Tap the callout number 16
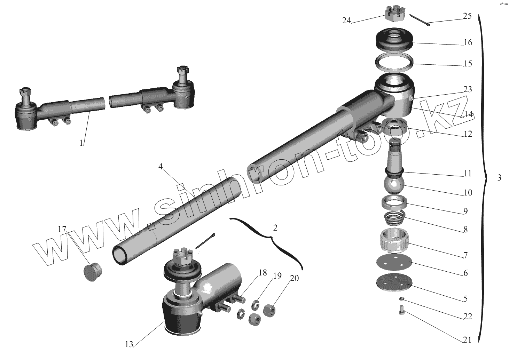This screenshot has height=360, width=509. (468, 42)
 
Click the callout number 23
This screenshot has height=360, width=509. (468, 89)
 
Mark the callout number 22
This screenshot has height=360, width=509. (468, 316)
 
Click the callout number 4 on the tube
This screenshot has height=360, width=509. (160, 167)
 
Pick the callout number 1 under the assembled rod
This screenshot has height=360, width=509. (81, 143)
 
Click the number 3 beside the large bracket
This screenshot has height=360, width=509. (499, 177)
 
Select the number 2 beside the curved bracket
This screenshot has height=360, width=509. (275, 228)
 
